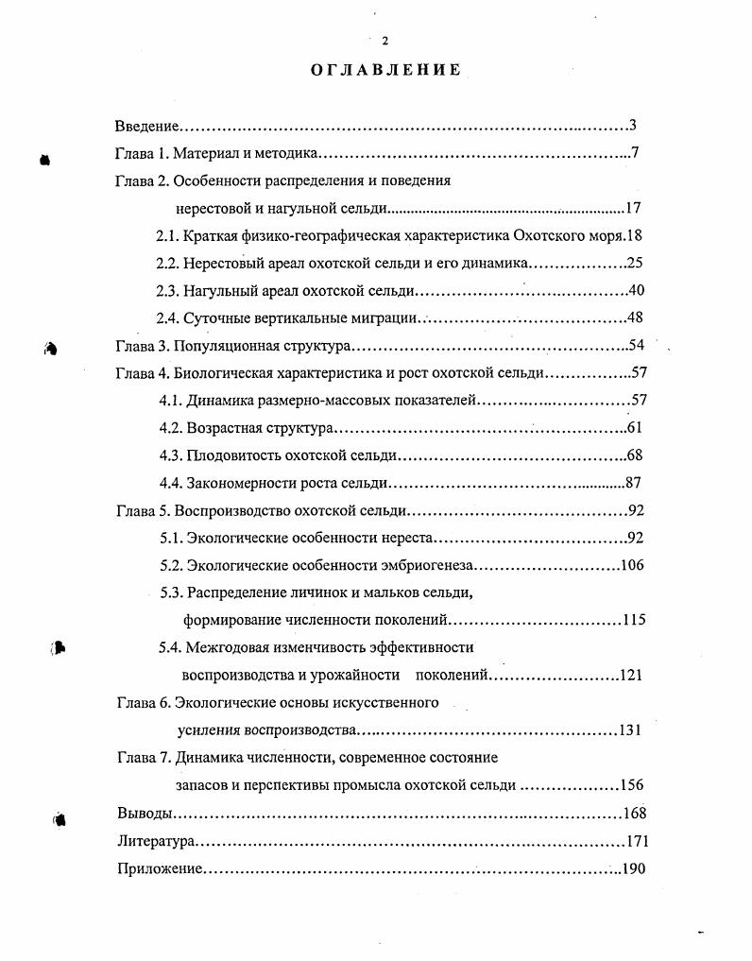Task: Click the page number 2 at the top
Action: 385,40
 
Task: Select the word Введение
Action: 146,126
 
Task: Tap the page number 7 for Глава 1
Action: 636,153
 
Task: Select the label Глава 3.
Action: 142,346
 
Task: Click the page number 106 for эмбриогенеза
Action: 632,565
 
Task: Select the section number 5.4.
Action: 171,647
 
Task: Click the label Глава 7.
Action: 143,758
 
